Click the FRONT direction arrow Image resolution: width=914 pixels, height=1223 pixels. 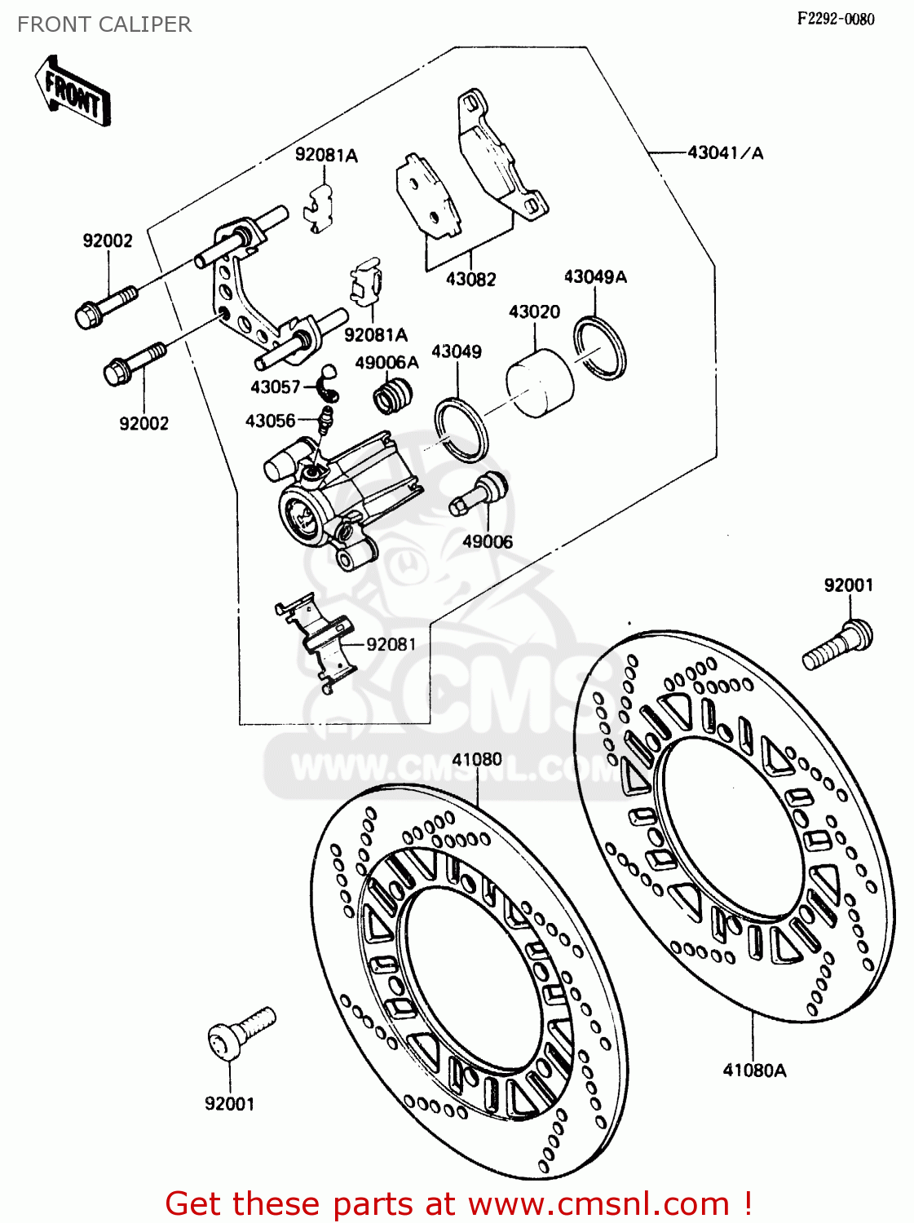click(x=73, y=91)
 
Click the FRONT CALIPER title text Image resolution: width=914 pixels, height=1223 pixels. click(x=104, y=24)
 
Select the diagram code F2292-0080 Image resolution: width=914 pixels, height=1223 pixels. click(x=835, y=19)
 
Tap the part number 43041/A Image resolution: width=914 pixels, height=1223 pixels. click(x=725, y=152)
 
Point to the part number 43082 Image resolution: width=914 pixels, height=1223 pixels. click(x=470, y=279)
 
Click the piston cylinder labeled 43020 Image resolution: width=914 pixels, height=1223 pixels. click(x=540, y=383)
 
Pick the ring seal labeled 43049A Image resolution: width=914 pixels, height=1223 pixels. click(x=600, y=348)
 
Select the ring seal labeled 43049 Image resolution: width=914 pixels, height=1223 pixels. click(x=461, y=430)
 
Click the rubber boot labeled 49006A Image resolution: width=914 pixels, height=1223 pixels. click(x=392, y=397)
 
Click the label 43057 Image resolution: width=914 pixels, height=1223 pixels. click(x=275, y=386)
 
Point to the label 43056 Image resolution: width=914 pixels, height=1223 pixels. click(x=270, y=421)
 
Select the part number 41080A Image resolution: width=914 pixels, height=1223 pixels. click(x=754, y=1070)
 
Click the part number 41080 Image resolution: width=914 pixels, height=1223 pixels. click(x=477, y=759)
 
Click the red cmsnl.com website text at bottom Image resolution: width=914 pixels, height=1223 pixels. click(x=458, y=1203)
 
